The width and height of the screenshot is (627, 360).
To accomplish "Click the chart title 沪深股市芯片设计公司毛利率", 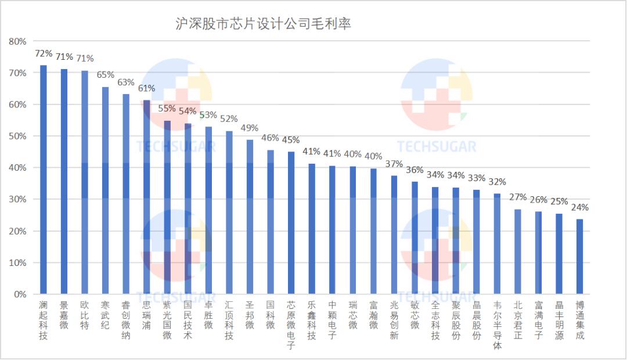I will click(x=264, y=24).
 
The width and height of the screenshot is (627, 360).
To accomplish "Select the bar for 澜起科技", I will click(x=43, y=180).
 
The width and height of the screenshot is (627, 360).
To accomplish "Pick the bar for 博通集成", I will click(x=579, y=256).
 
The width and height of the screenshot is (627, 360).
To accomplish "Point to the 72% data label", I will click(x=44, y=53).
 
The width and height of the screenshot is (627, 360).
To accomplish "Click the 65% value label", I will click(x=105, y=75).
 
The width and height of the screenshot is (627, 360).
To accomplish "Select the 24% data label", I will click(x=579, y=207).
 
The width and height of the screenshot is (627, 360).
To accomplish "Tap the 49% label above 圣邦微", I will click(x=250, y=128).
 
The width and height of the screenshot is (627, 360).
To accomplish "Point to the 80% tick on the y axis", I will click(x=17, y=42).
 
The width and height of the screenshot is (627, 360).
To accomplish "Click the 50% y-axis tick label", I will click(x=17, y=136).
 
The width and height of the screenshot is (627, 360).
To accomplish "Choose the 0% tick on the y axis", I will click(x=20, y=294).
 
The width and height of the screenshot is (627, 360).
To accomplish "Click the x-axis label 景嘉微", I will click(x=64, y=316).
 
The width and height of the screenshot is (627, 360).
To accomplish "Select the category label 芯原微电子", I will click(x=291, y=325).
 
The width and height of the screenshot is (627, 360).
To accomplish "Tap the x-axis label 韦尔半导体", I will click(x=497, y=325).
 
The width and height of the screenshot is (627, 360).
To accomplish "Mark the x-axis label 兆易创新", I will click(x=394, y=321).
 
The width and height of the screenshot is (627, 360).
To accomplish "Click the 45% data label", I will click(x=291, y=140).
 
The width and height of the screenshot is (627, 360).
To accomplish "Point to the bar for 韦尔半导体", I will click(x=497, y=244).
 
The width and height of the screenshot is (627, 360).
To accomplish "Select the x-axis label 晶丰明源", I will click(x=559, y=321).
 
